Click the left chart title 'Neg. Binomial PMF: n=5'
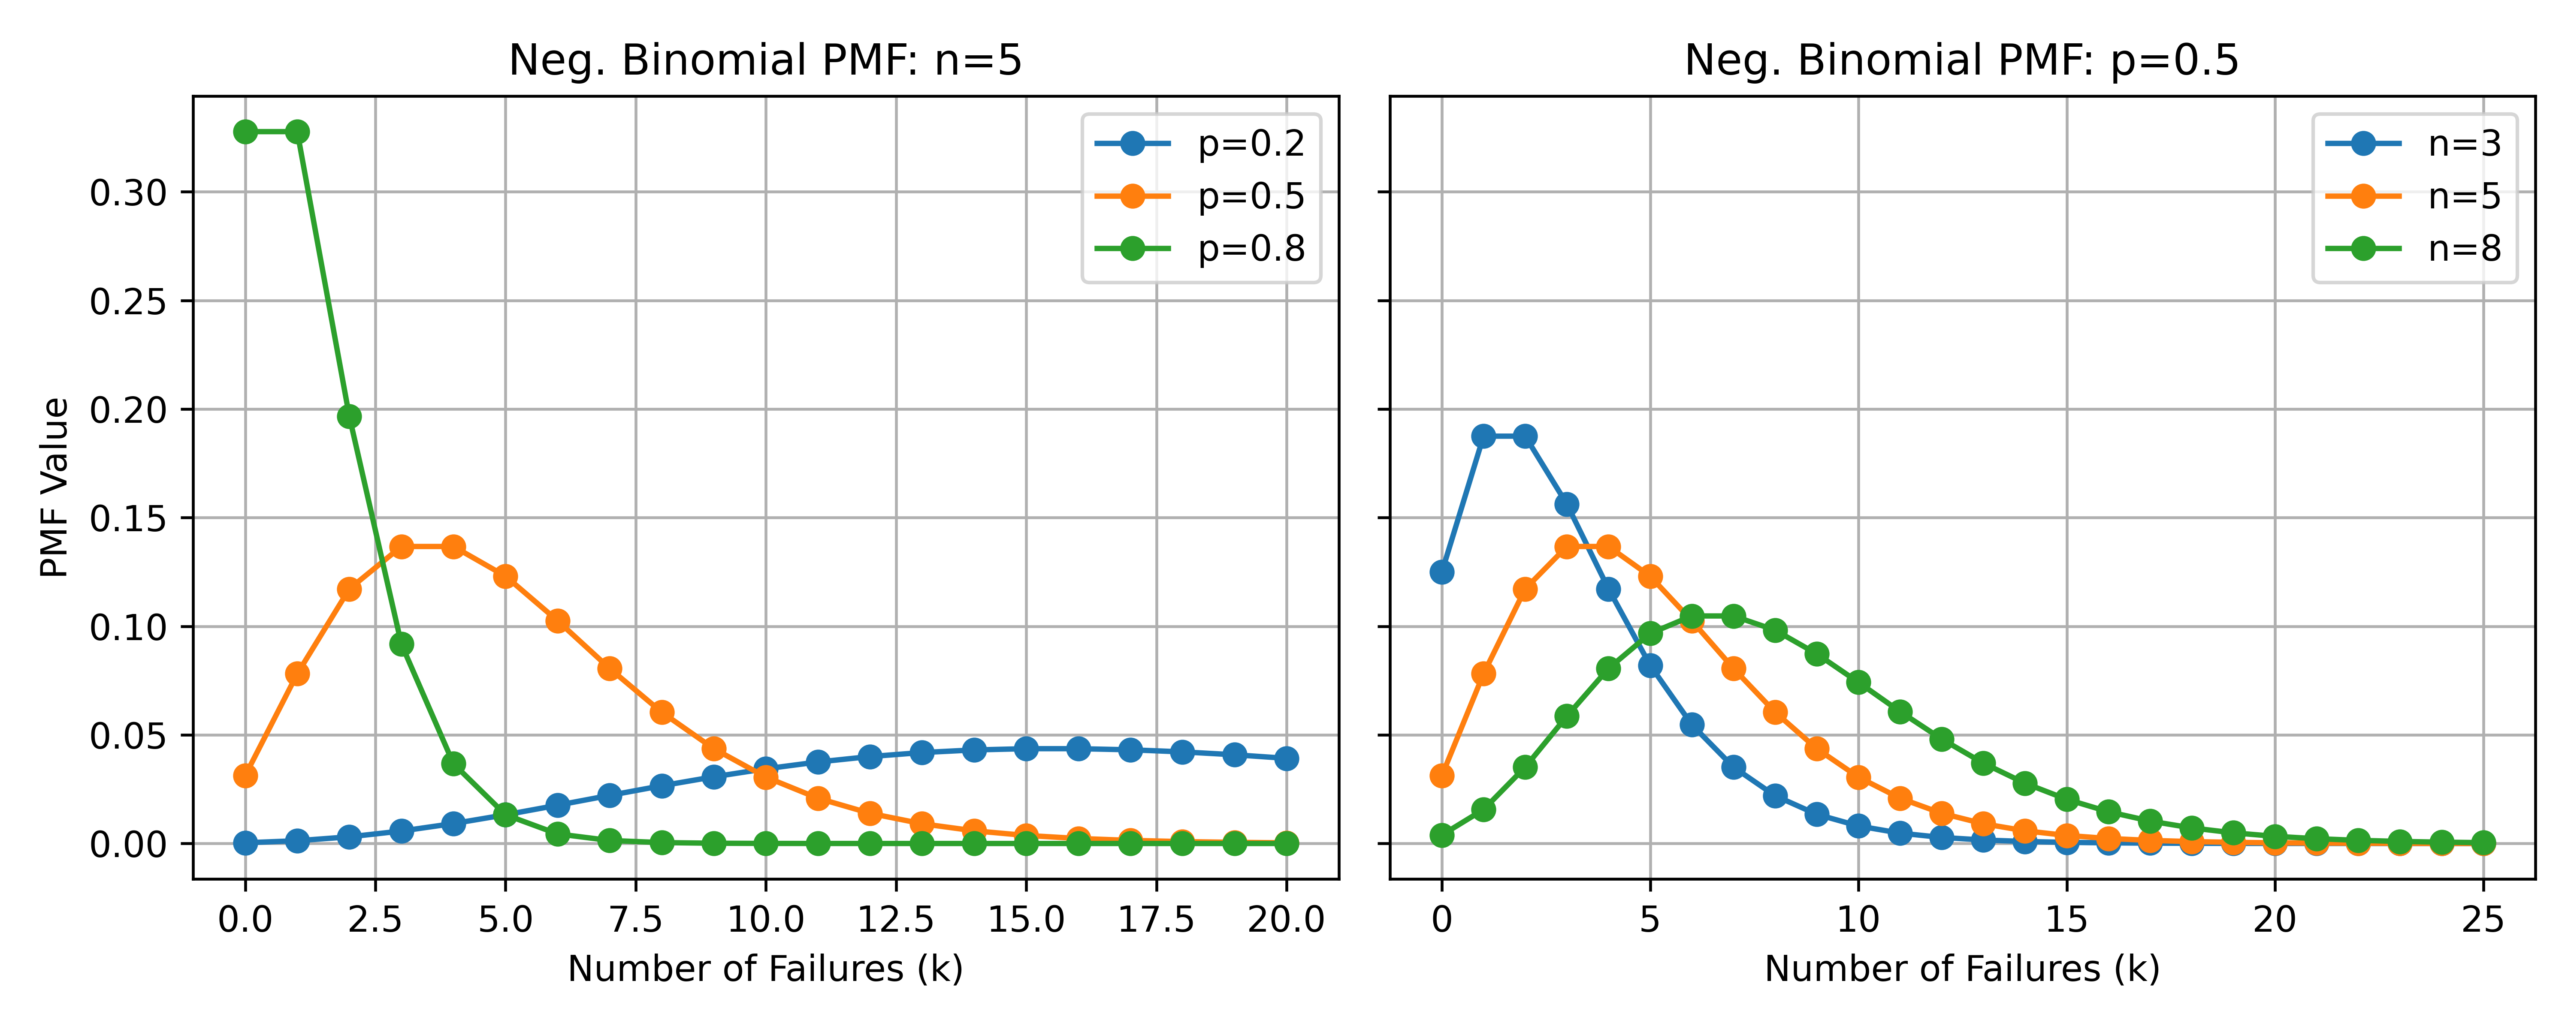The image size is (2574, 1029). point(765,61)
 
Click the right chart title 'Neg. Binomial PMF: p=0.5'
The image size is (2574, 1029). point(1961,61)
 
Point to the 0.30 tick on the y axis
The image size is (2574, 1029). point(128,193)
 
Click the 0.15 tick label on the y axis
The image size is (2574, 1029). point(128,518)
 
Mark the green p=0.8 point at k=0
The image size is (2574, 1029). point(245,132)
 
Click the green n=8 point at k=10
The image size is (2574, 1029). point(1858,682)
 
